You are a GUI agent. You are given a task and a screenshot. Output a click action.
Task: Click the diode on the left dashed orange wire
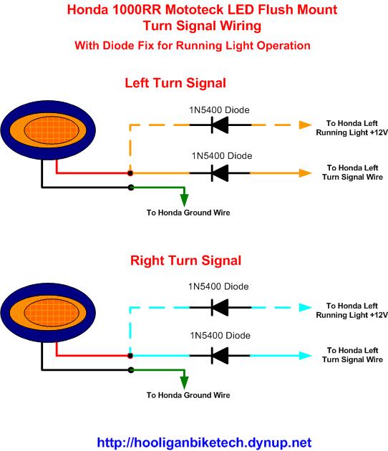[x=220, y=125]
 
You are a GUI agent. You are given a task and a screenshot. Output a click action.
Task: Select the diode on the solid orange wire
[x=220, y=173]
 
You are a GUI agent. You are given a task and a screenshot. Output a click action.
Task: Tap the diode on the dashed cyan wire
[x=220, y=308]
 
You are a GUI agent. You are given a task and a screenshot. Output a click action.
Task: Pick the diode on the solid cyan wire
[x=220, y=356]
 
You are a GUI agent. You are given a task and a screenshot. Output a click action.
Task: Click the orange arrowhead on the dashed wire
[x=306, y=125]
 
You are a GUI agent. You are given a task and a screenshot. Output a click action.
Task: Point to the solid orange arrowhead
[x=306, y=173]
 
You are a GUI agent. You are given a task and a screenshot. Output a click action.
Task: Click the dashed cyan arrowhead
[x=306, y=308]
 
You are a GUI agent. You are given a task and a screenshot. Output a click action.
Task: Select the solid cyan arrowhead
[x=306, y=356]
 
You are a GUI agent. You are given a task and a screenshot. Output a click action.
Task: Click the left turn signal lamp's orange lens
[x=48, y=130]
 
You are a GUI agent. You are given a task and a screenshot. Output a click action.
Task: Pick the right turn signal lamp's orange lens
[x=48, y=313]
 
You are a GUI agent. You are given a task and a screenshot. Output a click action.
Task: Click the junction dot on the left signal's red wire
[x=130, y=173]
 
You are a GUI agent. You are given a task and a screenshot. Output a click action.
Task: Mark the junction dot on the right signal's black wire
[x=131, y=370]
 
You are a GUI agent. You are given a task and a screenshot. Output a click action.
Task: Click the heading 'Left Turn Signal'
[x=175, y=83]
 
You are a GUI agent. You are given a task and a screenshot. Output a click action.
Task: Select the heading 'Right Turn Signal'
[x=185, y=261]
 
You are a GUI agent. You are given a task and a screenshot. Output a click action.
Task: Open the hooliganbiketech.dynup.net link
[x=204, y=442]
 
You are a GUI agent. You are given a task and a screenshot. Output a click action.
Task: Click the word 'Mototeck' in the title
[x=195, y=10]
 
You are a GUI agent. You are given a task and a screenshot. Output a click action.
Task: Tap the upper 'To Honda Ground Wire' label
[x=188, y=213]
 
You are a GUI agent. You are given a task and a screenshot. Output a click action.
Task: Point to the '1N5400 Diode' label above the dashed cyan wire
[x=218, y=286]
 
